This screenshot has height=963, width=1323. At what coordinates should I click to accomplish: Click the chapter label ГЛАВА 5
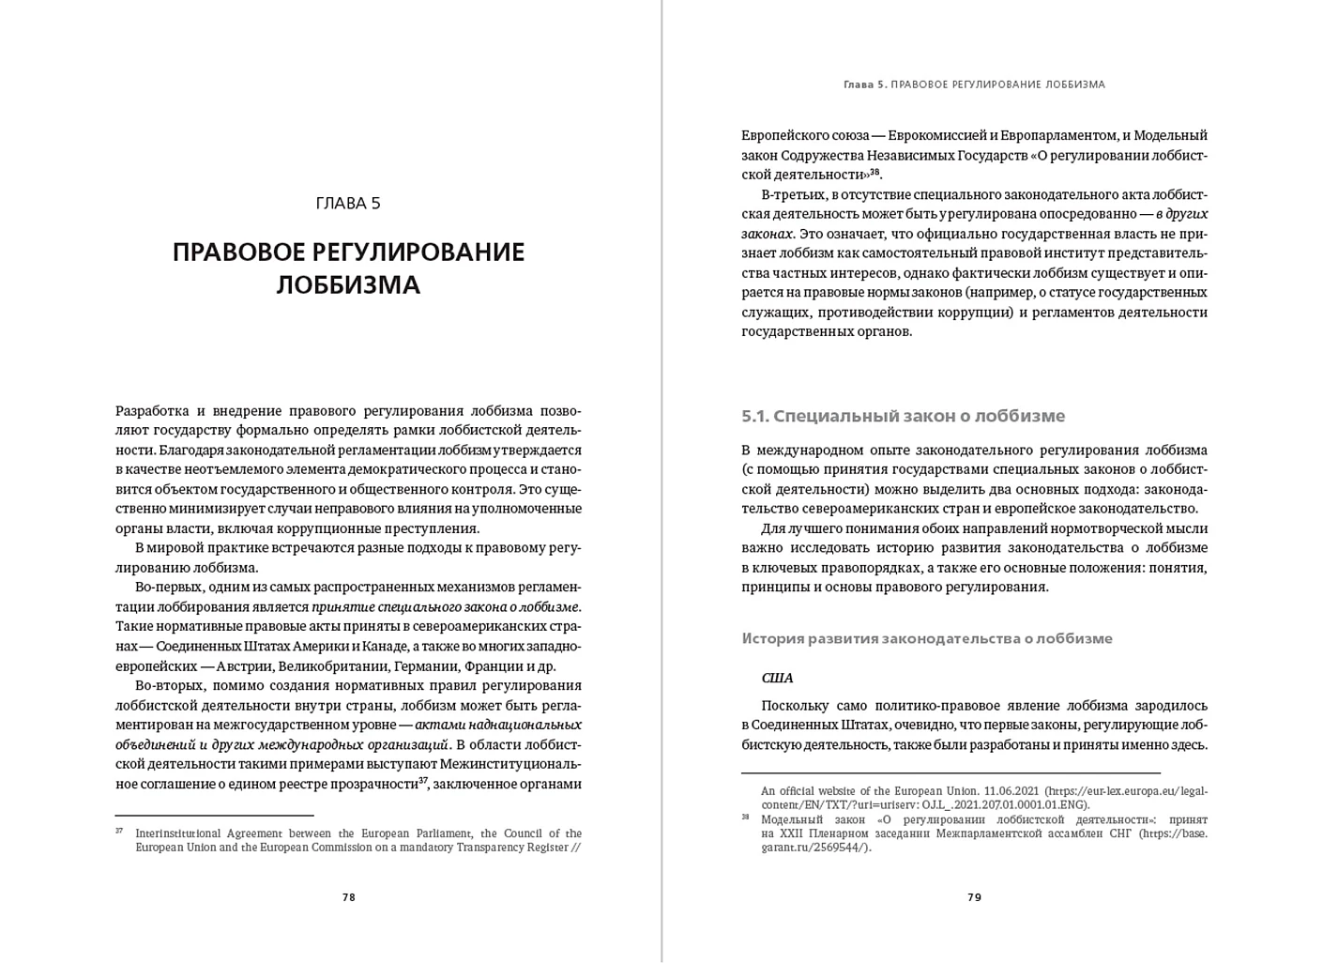[348, 204]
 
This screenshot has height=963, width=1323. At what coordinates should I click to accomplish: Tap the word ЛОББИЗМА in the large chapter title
[348, 284]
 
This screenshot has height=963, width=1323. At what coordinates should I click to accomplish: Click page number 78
[349, 897]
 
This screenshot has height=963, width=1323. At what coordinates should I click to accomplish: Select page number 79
[974, 897]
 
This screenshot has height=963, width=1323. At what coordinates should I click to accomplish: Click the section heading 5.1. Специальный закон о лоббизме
[903, 416]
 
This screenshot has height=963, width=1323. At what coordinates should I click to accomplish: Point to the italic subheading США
[777, 678]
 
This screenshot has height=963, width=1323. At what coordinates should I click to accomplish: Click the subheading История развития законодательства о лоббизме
[927, 638]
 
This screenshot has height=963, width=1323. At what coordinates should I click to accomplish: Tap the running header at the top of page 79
[974, 84]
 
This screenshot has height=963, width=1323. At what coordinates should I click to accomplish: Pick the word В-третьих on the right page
[793, 194]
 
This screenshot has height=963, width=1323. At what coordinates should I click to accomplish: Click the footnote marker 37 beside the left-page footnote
[119, 831]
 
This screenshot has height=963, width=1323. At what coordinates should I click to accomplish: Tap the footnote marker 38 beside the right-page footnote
[745, 817]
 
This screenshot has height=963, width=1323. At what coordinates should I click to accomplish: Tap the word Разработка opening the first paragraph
[152, 411]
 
